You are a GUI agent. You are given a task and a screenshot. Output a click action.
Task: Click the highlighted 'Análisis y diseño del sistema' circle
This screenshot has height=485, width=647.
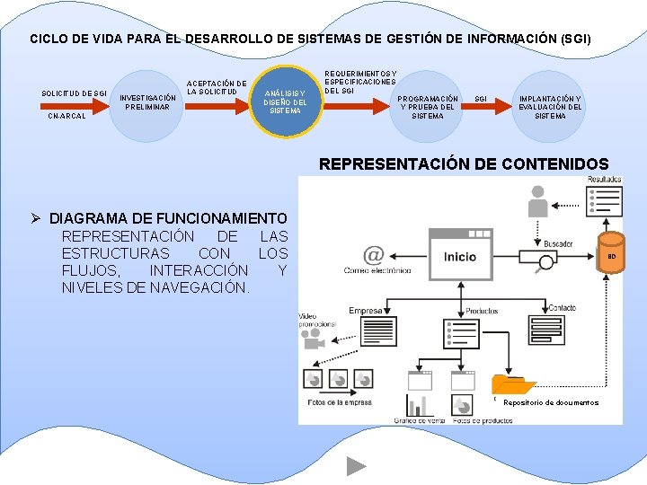285,101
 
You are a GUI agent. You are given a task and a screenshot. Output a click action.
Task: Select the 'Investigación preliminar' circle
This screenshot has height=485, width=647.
147,105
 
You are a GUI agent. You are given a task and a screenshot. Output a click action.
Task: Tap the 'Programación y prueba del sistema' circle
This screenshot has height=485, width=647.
427,107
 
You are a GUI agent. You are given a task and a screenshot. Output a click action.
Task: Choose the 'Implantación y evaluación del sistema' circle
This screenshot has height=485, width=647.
550,106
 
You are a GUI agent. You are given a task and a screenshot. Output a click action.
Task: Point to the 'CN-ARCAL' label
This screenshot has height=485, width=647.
67,116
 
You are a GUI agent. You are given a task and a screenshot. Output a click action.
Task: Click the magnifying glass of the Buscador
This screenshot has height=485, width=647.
545,264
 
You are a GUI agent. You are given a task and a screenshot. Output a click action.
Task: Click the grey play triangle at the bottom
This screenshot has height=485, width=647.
357,465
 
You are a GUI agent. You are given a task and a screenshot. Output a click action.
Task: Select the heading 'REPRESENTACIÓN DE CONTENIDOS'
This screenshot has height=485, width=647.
464,164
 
